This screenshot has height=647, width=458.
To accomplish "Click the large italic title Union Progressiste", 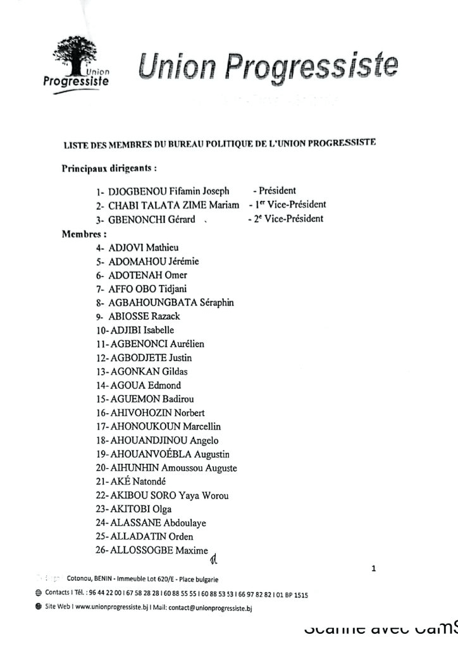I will click(268, 68).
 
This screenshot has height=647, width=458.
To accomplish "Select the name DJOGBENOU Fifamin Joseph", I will click(168, 191).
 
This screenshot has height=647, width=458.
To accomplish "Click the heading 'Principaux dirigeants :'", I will click(109, 169).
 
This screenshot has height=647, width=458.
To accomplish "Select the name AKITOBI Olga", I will click(140, 509).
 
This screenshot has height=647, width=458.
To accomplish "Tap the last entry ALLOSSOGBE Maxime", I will click(159, 550).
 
